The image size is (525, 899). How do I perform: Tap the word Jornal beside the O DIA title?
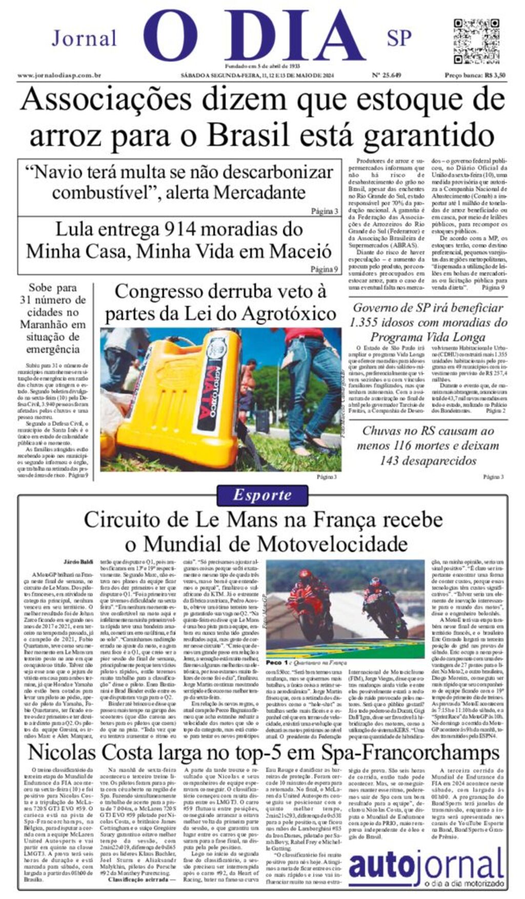click(84, 38)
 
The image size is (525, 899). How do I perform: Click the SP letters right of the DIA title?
click(399, 38)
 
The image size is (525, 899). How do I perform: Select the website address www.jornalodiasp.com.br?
click(59, 75)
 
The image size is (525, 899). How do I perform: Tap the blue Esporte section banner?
click(262, 495)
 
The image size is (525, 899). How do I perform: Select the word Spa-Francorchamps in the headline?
click(410, 752)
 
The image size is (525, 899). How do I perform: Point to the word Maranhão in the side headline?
click(47, 324)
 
